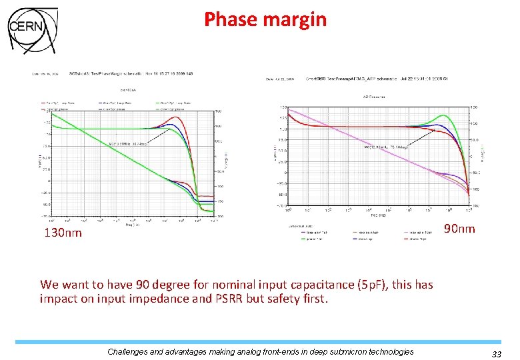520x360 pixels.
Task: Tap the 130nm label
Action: click(63, 233)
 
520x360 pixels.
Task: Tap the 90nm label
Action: click(459, 229)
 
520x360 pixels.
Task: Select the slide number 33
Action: click(496, 353)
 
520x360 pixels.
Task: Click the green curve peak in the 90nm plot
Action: click(443, 116)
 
